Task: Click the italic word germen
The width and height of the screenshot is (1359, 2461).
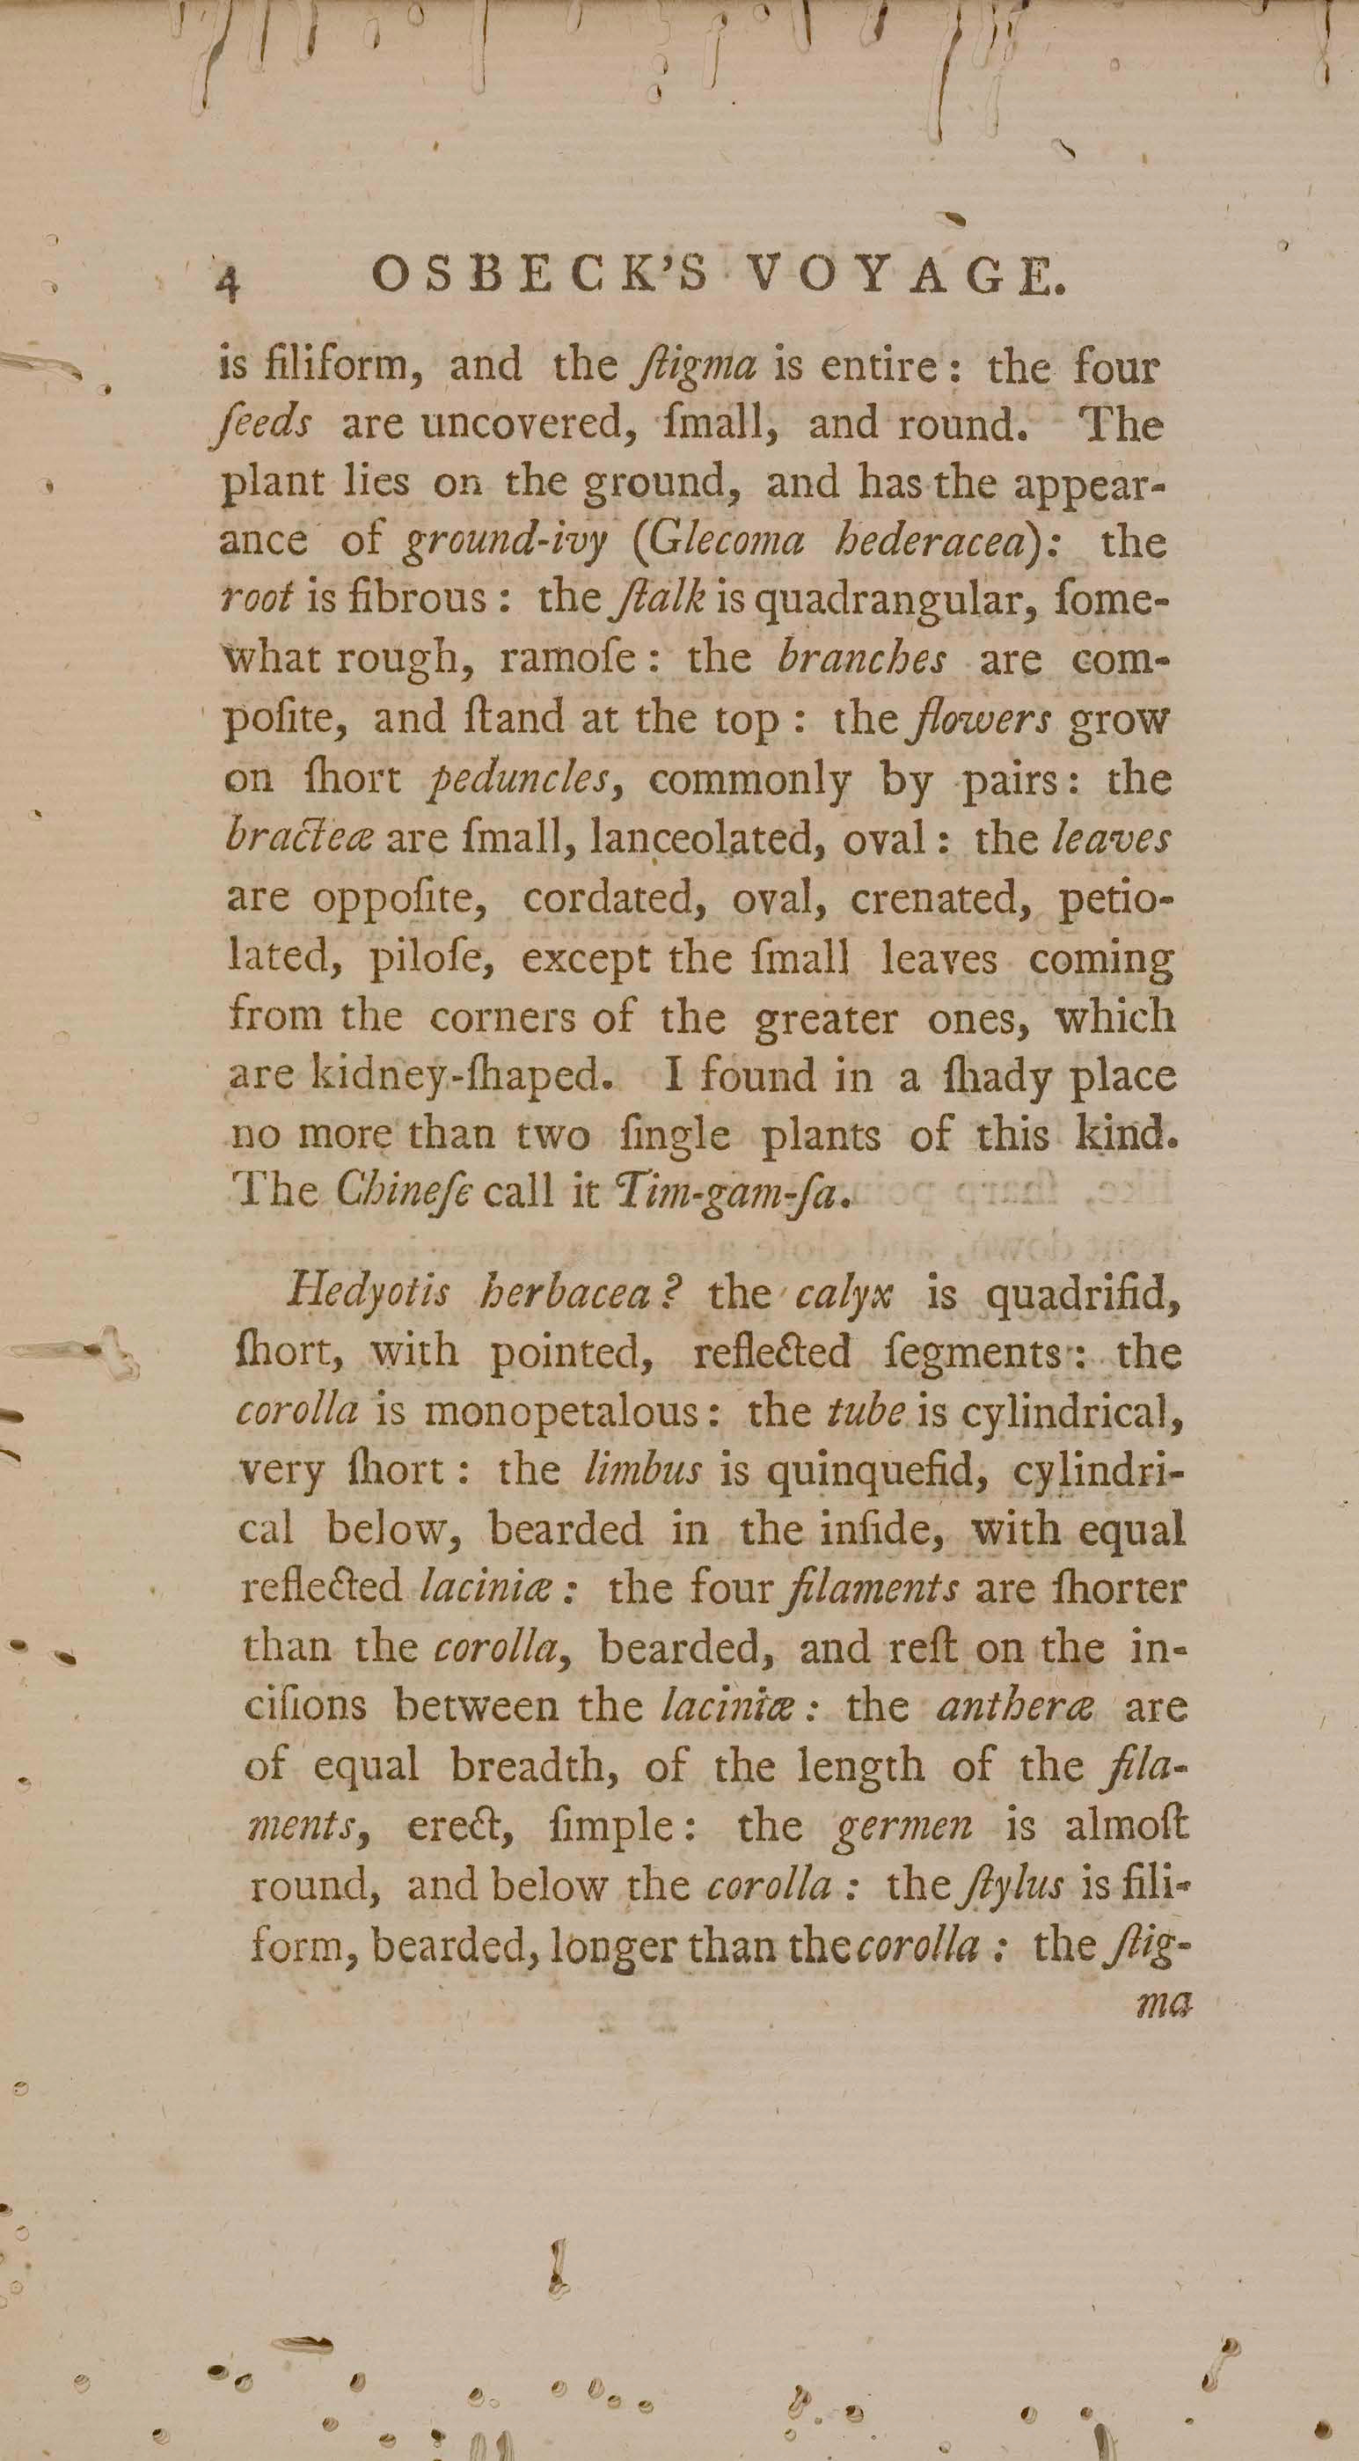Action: point(903,1826)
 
